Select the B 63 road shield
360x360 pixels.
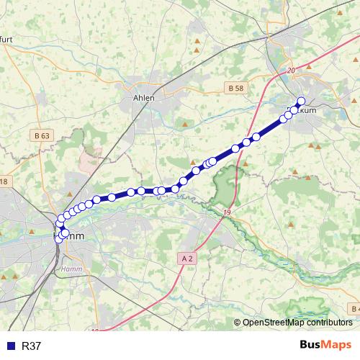(x=42, y=134)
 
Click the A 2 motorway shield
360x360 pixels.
(x=187, y=258)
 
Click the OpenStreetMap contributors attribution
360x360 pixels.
(x=297, y=323)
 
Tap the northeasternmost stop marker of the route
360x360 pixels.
(x=301, y=102)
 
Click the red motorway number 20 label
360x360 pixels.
(x=291, y=71)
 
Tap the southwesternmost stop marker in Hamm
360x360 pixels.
(x=59, y=238)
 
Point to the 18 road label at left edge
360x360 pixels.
(x=4, y=181)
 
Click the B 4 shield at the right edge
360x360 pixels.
(x=354, y=309)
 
